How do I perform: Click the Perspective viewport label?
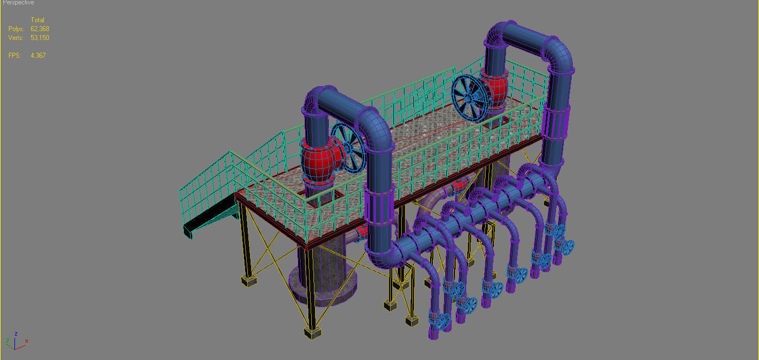(18, 3)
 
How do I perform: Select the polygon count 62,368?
(40, 29)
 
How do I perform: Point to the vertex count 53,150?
(40, 38)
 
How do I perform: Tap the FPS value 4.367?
(38, 56)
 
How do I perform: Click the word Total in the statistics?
(37, 20)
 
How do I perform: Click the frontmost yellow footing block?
(313, 333)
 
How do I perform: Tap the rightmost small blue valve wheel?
(567, 246)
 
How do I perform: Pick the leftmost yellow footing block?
(249, 281)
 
